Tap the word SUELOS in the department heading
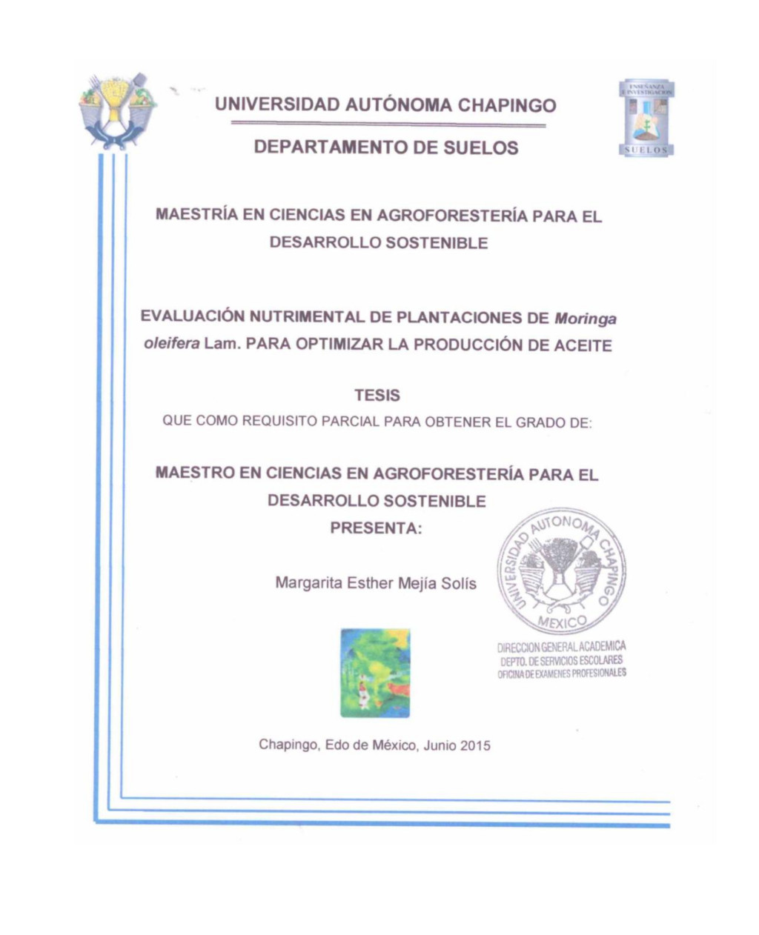[480, 148]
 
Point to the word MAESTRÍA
[197, 216]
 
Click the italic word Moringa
[586, 319]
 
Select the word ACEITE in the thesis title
[583, 345]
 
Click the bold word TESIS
[377, 396]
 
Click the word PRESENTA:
[376, 529]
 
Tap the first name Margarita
[308, 583]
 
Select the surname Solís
[458, 583]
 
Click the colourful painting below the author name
[375, 673]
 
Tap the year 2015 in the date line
[475, 746]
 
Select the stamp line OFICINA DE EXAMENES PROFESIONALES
[561, 673]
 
